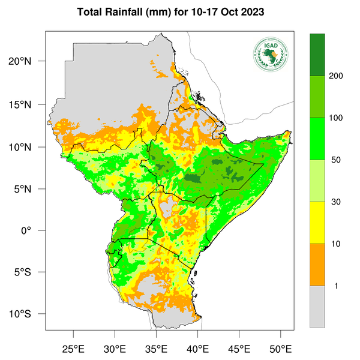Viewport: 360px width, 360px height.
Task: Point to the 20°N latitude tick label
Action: pyautogui.click(x=28, y=61)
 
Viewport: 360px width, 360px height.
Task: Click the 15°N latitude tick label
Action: pyautogui.click(x=28, y=104)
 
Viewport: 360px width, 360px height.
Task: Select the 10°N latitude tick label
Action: pyautogui.click(x=28, y=147)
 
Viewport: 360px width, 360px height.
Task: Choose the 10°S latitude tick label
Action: pyautogui.click(x=28, y=314)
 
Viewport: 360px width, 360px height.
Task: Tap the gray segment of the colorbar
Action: pyautogui.click(x=317, y=306)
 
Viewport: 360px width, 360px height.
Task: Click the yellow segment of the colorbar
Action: pyautogui.click(x=317, y=223)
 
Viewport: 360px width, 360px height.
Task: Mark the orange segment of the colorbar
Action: pyautogui.click(x=317, y=265)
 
